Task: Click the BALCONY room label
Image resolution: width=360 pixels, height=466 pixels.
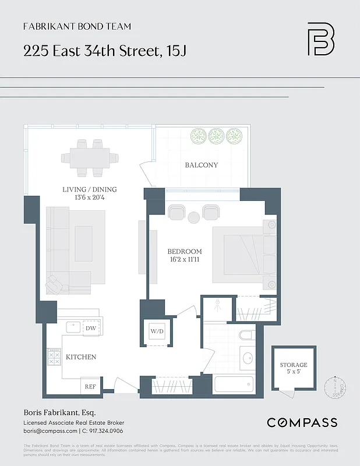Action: coord(201,165)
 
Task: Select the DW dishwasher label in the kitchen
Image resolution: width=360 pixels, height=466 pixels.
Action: coord(90,329)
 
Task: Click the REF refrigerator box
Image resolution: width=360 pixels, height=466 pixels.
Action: coord(90,386)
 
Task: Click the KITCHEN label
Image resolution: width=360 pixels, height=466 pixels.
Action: coord(81,356)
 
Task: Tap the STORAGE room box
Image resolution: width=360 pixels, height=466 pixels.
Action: coord(294,368)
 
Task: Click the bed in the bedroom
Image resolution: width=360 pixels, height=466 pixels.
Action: coord(243,255)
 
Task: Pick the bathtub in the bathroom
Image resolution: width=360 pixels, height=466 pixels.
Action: coord(234,385)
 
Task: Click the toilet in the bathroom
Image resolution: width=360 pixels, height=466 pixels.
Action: coord(246,336)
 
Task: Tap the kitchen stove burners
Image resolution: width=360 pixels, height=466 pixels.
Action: coord(54,356)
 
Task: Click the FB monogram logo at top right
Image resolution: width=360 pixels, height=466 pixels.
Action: coord(320,39)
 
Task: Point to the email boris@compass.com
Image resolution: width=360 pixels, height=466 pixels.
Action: coord(50,431)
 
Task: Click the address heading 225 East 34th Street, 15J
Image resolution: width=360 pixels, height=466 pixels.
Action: coord(105,51)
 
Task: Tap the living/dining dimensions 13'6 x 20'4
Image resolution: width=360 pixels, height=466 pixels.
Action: coord(90,197)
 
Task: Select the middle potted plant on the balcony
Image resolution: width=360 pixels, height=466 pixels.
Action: coord(216,136)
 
